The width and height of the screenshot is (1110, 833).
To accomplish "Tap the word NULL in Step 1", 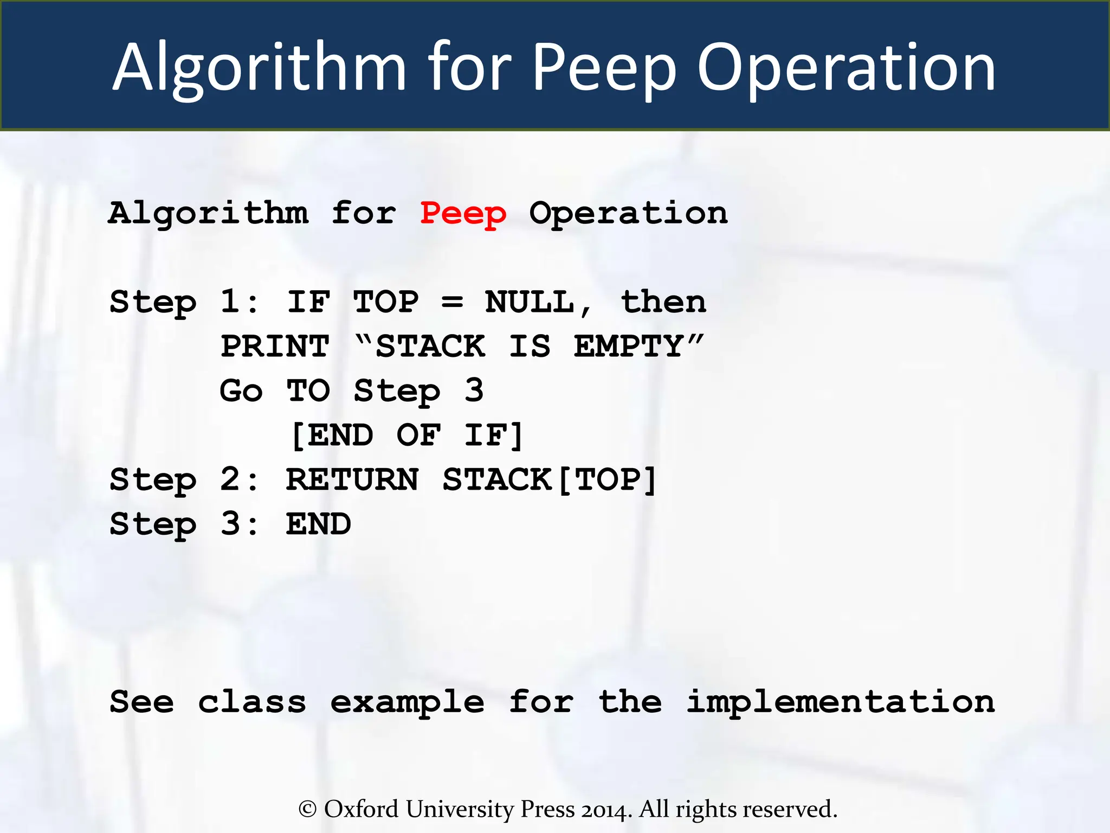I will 530,302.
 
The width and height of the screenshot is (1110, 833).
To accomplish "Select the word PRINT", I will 275,347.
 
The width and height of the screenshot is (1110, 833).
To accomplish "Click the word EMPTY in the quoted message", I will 629,347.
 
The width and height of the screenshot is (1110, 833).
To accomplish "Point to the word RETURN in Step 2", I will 352,480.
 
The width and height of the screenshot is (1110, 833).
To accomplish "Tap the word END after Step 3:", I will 319,524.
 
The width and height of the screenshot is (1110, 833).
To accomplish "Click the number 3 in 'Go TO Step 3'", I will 474,390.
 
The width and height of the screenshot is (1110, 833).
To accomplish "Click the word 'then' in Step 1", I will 663,302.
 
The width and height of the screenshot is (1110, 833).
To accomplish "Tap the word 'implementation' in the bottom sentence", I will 841,702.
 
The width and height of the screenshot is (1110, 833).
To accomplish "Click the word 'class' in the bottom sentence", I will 252,702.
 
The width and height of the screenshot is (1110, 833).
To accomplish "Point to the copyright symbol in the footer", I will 307,810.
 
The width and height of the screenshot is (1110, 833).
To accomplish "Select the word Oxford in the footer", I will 361,809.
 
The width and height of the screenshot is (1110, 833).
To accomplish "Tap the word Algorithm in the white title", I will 259,68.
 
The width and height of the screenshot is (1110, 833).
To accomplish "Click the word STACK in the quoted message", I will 430,347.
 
